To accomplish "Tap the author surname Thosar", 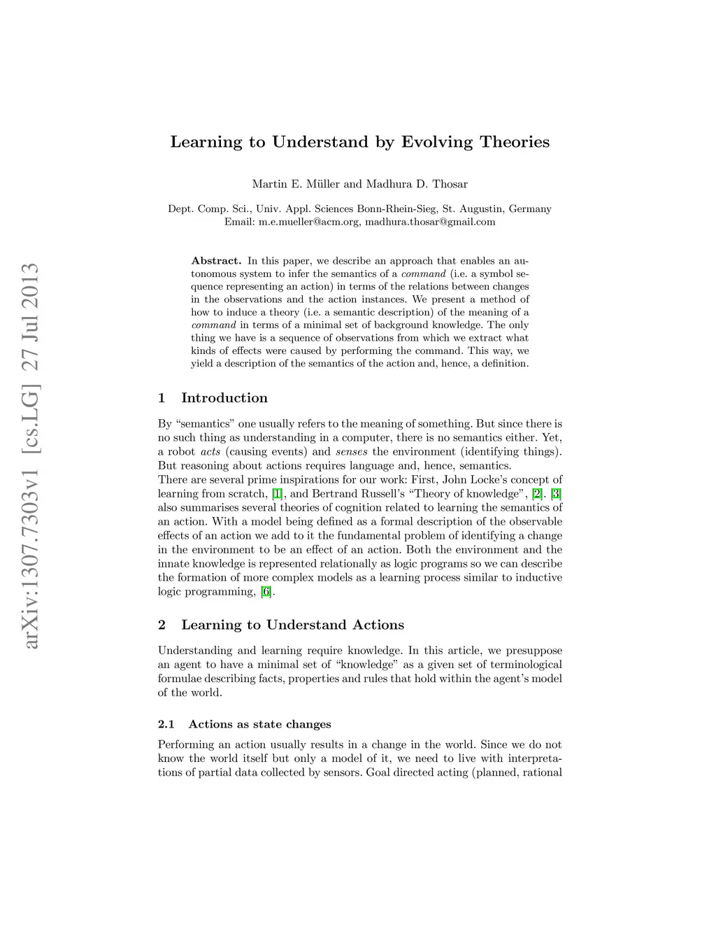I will click(x=449, y=185).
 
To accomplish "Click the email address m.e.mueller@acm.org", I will click(x=308, y=222).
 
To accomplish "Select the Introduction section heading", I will click(x=224, y=398).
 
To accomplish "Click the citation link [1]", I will click(x=278, y=494).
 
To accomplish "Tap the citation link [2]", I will click(x=537, y=494).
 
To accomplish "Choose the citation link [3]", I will click(x=557, y=494).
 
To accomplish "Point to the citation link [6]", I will click(x=266, y=592).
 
